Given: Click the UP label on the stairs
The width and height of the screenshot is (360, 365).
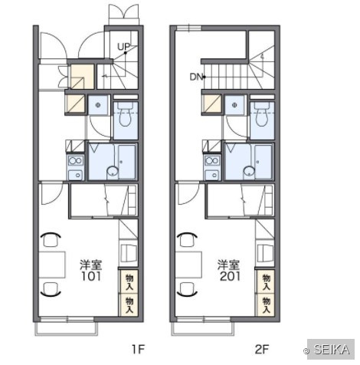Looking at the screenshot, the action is point(123,47).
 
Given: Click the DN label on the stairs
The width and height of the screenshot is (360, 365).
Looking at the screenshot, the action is point(196,77).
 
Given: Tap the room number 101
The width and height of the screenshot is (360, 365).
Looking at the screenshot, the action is point(91,276).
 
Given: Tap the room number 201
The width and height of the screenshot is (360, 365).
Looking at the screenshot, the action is point(230,276).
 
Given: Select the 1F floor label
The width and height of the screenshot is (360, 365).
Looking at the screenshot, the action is point(139,350).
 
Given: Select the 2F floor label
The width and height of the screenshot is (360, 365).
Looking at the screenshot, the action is point(262,350).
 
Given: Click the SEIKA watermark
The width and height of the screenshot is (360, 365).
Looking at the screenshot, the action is point(331,349).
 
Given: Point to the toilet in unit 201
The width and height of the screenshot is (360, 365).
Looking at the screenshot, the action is point(262,115).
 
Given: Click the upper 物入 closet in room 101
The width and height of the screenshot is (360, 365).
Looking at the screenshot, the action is point(129,281).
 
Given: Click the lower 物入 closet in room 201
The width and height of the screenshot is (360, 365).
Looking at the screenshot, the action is point(267,305).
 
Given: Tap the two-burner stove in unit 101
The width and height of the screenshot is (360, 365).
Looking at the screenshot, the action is point(76,161).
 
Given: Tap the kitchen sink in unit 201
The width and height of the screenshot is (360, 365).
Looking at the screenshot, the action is point(212,175).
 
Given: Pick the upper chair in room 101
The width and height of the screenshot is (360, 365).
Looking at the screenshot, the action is point(51,239).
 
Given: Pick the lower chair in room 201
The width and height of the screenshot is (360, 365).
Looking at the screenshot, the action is point(188,290).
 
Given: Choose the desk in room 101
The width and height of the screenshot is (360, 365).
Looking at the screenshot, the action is point(52,265).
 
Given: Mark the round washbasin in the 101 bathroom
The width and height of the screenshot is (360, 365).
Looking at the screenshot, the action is point(113,171).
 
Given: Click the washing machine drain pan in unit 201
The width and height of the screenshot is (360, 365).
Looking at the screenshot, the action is point(234,105).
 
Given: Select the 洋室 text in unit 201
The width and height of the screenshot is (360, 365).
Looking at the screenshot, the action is point(229,265).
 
